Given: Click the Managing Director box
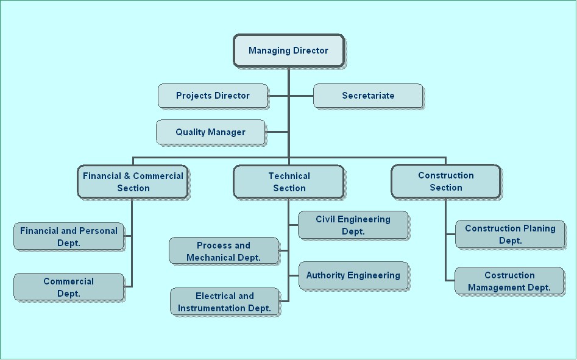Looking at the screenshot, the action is [289, 51].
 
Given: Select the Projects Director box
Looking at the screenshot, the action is [213, 96].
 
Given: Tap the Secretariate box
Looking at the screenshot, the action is [368, 96].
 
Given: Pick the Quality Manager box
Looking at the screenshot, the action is [210, 132].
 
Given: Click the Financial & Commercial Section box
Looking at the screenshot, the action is [133, 182].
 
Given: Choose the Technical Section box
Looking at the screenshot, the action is [289, 182].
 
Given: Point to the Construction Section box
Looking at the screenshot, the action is [445, 182].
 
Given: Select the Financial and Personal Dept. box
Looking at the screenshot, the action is [69, 236].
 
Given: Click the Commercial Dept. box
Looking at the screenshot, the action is [69, 287].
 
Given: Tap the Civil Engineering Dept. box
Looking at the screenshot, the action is [353, 225].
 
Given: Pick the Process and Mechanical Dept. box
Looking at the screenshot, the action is [224, 251].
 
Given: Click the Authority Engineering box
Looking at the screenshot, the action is [353, 275].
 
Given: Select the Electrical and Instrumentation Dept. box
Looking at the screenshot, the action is [224, 302].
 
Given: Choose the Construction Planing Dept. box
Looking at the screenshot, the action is [510, 235].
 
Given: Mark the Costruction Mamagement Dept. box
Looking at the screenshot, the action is [509, 281].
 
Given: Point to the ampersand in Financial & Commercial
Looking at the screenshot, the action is [127, 176].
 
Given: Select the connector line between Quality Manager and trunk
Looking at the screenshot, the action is [277, 132].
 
